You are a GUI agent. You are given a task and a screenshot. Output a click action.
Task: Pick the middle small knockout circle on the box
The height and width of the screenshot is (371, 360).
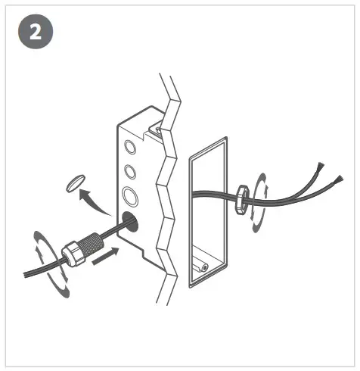click(131, 172)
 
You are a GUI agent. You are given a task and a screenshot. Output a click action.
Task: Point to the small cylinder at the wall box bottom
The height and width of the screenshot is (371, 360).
click(203, 266)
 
